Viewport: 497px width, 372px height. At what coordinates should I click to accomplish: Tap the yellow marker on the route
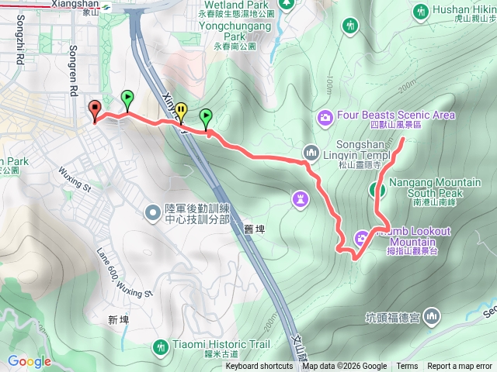180,110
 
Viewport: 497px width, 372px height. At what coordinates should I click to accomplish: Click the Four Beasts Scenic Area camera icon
325,117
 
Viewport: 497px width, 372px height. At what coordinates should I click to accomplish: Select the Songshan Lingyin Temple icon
311,152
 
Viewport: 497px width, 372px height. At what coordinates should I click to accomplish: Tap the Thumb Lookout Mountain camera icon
362,237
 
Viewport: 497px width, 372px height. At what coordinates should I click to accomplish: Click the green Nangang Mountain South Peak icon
377,189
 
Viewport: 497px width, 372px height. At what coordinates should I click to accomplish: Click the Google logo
29,360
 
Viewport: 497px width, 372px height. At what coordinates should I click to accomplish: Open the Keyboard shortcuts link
259,367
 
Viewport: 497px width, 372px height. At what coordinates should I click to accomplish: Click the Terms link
407,367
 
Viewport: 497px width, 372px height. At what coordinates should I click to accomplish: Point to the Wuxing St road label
76,186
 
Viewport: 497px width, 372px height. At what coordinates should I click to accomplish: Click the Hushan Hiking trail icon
422,11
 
